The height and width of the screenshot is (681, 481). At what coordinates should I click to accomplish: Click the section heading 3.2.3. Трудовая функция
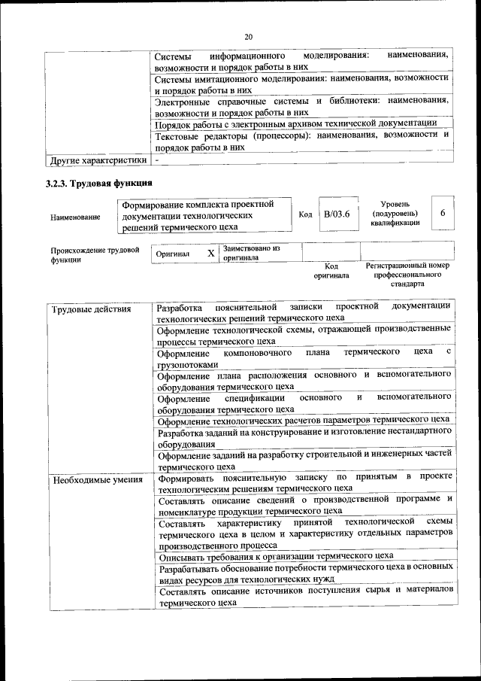coord(98,184)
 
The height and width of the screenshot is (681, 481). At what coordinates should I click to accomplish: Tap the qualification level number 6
coord(443,214)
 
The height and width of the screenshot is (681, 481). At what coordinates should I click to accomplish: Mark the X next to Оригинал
coord(211,254)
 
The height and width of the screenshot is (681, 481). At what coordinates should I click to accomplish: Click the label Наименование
coord(75,217)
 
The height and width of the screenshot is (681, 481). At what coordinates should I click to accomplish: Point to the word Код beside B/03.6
coord(305,214)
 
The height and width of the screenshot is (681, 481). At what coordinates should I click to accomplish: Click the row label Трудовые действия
coord(81,309)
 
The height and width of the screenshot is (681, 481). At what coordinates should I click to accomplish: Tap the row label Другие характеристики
coord(98,160)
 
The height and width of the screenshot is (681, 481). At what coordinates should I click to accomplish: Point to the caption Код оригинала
coord(331,271)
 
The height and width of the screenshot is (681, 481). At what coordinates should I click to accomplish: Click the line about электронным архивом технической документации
coord(295,123)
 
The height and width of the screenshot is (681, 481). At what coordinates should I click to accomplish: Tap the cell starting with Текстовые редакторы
coord(301,141)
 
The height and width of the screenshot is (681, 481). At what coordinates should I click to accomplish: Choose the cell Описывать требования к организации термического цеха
coord(276,556)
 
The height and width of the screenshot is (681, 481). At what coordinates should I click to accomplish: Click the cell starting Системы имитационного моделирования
coord(301,84)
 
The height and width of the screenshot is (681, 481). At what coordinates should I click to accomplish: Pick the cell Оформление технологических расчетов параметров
coord(303,420)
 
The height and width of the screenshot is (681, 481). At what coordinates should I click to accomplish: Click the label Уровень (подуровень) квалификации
coord(395,214)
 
